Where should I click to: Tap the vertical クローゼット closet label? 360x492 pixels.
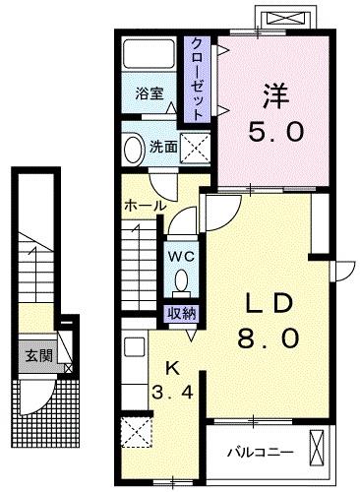coord(198,79)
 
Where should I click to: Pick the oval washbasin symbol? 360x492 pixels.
coord(134,149)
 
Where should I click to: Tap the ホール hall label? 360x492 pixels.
coord(145,205)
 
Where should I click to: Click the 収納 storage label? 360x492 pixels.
coord(180,314)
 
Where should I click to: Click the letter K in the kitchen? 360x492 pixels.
coord(173,369)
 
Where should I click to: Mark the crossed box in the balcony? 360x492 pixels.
coord(319,448)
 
